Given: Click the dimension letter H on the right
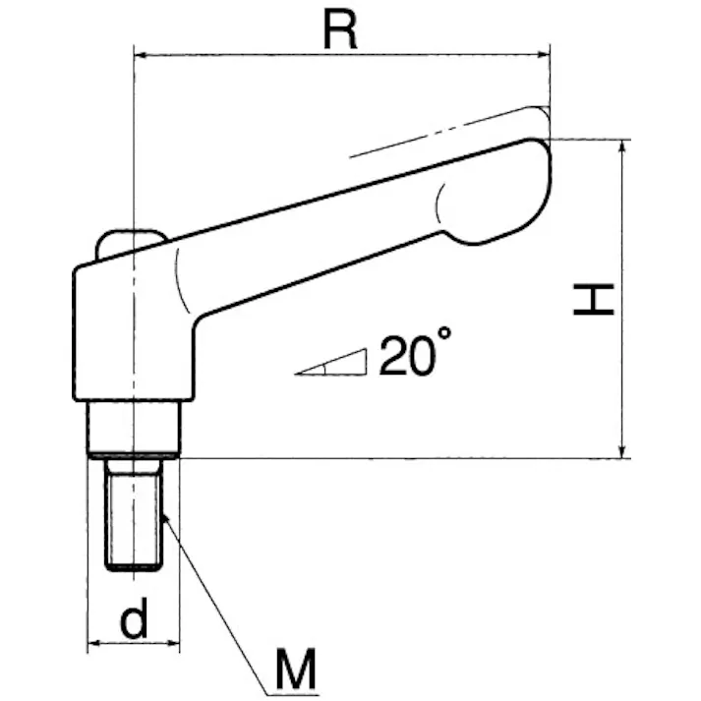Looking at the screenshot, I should pos(594,299).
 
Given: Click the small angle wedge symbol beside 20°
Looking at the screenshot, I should pos(334,365).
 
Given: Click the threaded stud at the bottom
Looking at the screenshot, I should pos(133,513).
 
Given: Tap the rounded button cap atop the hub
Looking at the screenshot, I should pos(130,240).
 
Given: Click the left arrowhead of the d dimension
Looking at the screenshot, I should pos(94,645).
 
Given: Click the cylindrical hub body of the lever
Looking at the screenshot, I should pos(133,329).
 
